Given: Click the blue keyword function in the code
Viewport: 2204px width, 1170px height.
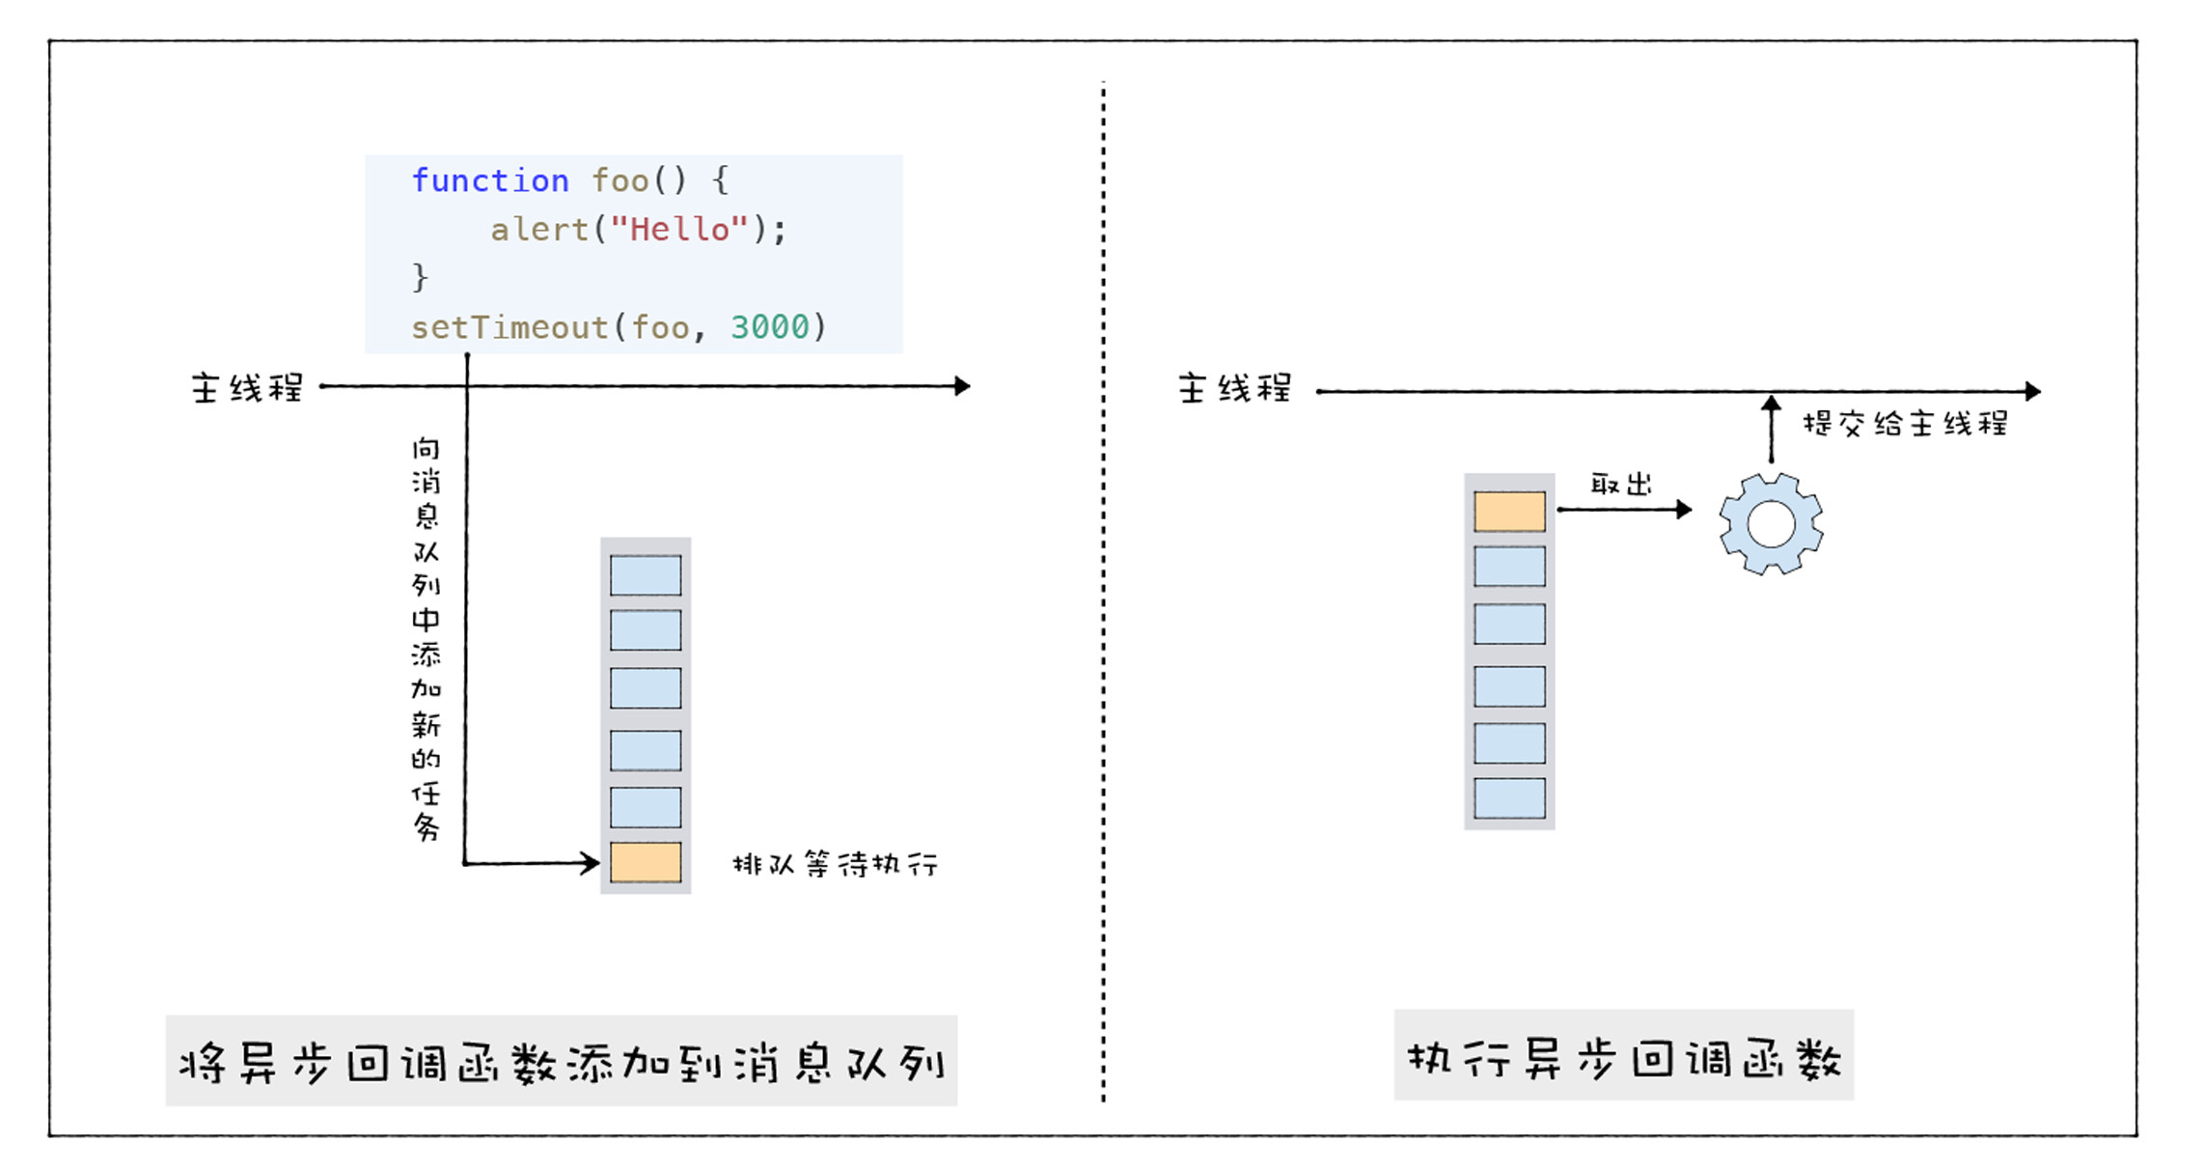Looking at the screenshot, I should point(490,181).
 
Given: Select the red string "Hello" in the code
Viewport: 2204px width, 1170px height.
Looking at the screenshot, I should point(679,230).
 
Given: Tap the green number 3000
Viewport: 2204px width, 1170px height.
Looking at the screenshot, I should point(769,327).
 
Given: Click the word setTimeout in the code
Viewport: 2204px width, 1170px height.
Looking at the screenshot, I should point(510,327).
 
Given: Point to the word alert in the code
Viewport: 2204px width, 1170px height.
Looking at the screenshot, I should point(538,230).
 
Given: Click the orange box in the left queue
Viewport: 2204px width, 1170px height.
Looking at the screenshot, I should point(646,862).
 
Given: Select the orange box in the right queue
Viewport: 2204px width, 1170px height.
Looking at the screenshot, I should point(1509,512).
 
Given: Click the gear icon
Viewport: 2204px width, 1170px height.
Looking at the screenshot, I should point(1771,524).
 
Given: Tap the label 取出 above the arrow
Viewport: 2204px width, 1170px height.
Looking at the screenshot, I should point(1621,484).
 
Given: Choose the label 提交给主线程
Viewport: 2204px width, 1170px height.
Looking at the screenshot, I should point(1905,424).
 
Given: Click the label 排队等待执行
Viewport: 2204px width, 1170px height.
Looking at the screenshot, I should point(836,864).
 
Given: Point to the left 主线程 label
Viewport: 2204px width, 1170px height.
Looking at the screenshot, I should point(247,388).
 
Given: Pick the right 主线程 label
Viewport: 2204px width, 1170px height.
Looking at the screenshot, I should point(1234,389).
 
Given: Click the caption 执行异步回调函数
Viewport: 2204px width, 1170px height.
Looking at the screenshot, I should point(1624,1059).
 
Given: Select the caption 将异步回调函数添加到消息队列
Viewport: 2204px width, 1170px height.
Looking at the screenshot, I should point(562,1064).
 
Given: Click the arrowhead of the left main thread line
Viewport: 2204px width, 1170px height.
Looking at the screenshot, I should point(962,386).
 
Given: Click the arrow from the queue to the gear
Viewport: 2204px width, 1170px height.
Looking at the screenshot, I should point(1625,509).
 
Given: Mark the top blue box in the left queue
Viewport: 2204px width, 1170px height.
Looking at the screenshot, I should point(646,575).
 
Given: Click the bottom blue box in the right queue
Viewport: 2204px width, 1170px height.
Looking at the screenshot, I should point(1509,798).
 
